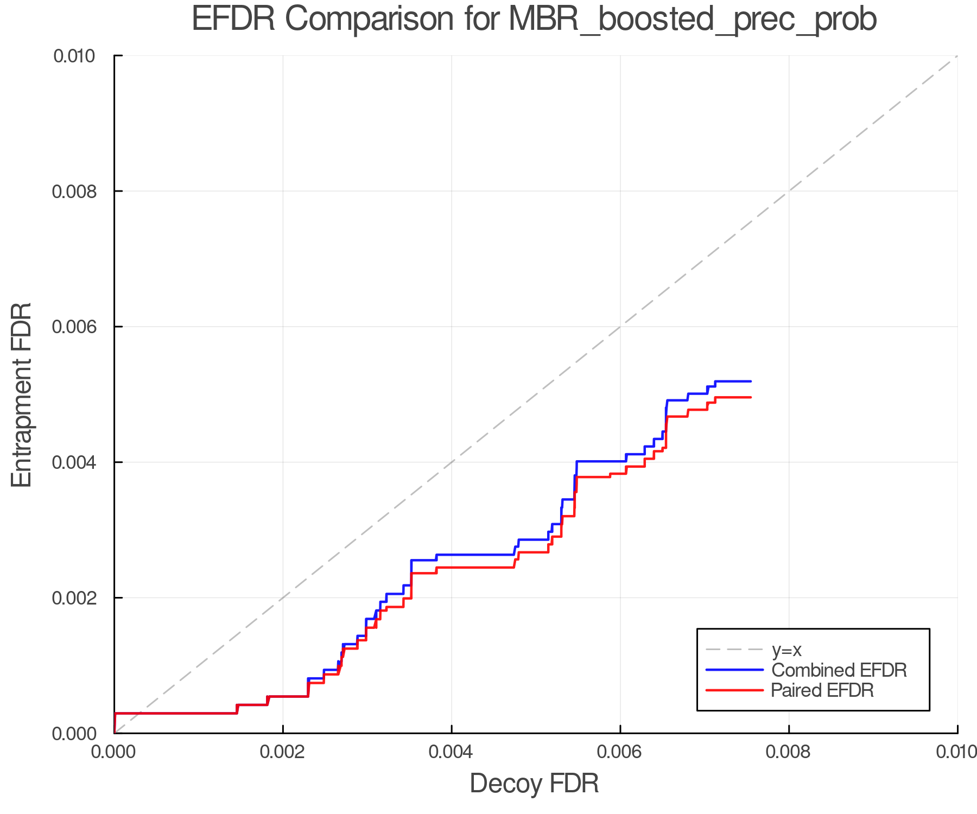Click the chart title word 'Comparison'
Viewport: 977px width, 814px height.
coord(369,20)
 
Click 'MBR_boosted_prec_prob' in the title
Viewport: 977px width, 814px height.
coord(692,21)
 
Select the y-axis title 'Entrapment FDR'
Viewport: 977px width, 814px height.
coord(22,395)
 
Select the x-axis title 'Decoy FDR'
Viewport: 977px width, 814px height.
coord(534,784)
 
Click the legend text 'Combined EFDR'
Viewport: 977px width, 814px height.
coord(839,670)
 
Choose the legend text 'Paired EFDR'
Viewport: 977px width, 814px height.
coord(822,690)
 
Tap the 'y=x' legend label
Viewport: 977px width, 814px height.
coord(786,650)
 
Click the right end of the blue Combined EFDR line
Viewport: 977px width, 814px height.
coord(751,381)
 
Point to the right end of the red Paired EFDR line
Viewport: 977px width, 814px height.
coord(751,397)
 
